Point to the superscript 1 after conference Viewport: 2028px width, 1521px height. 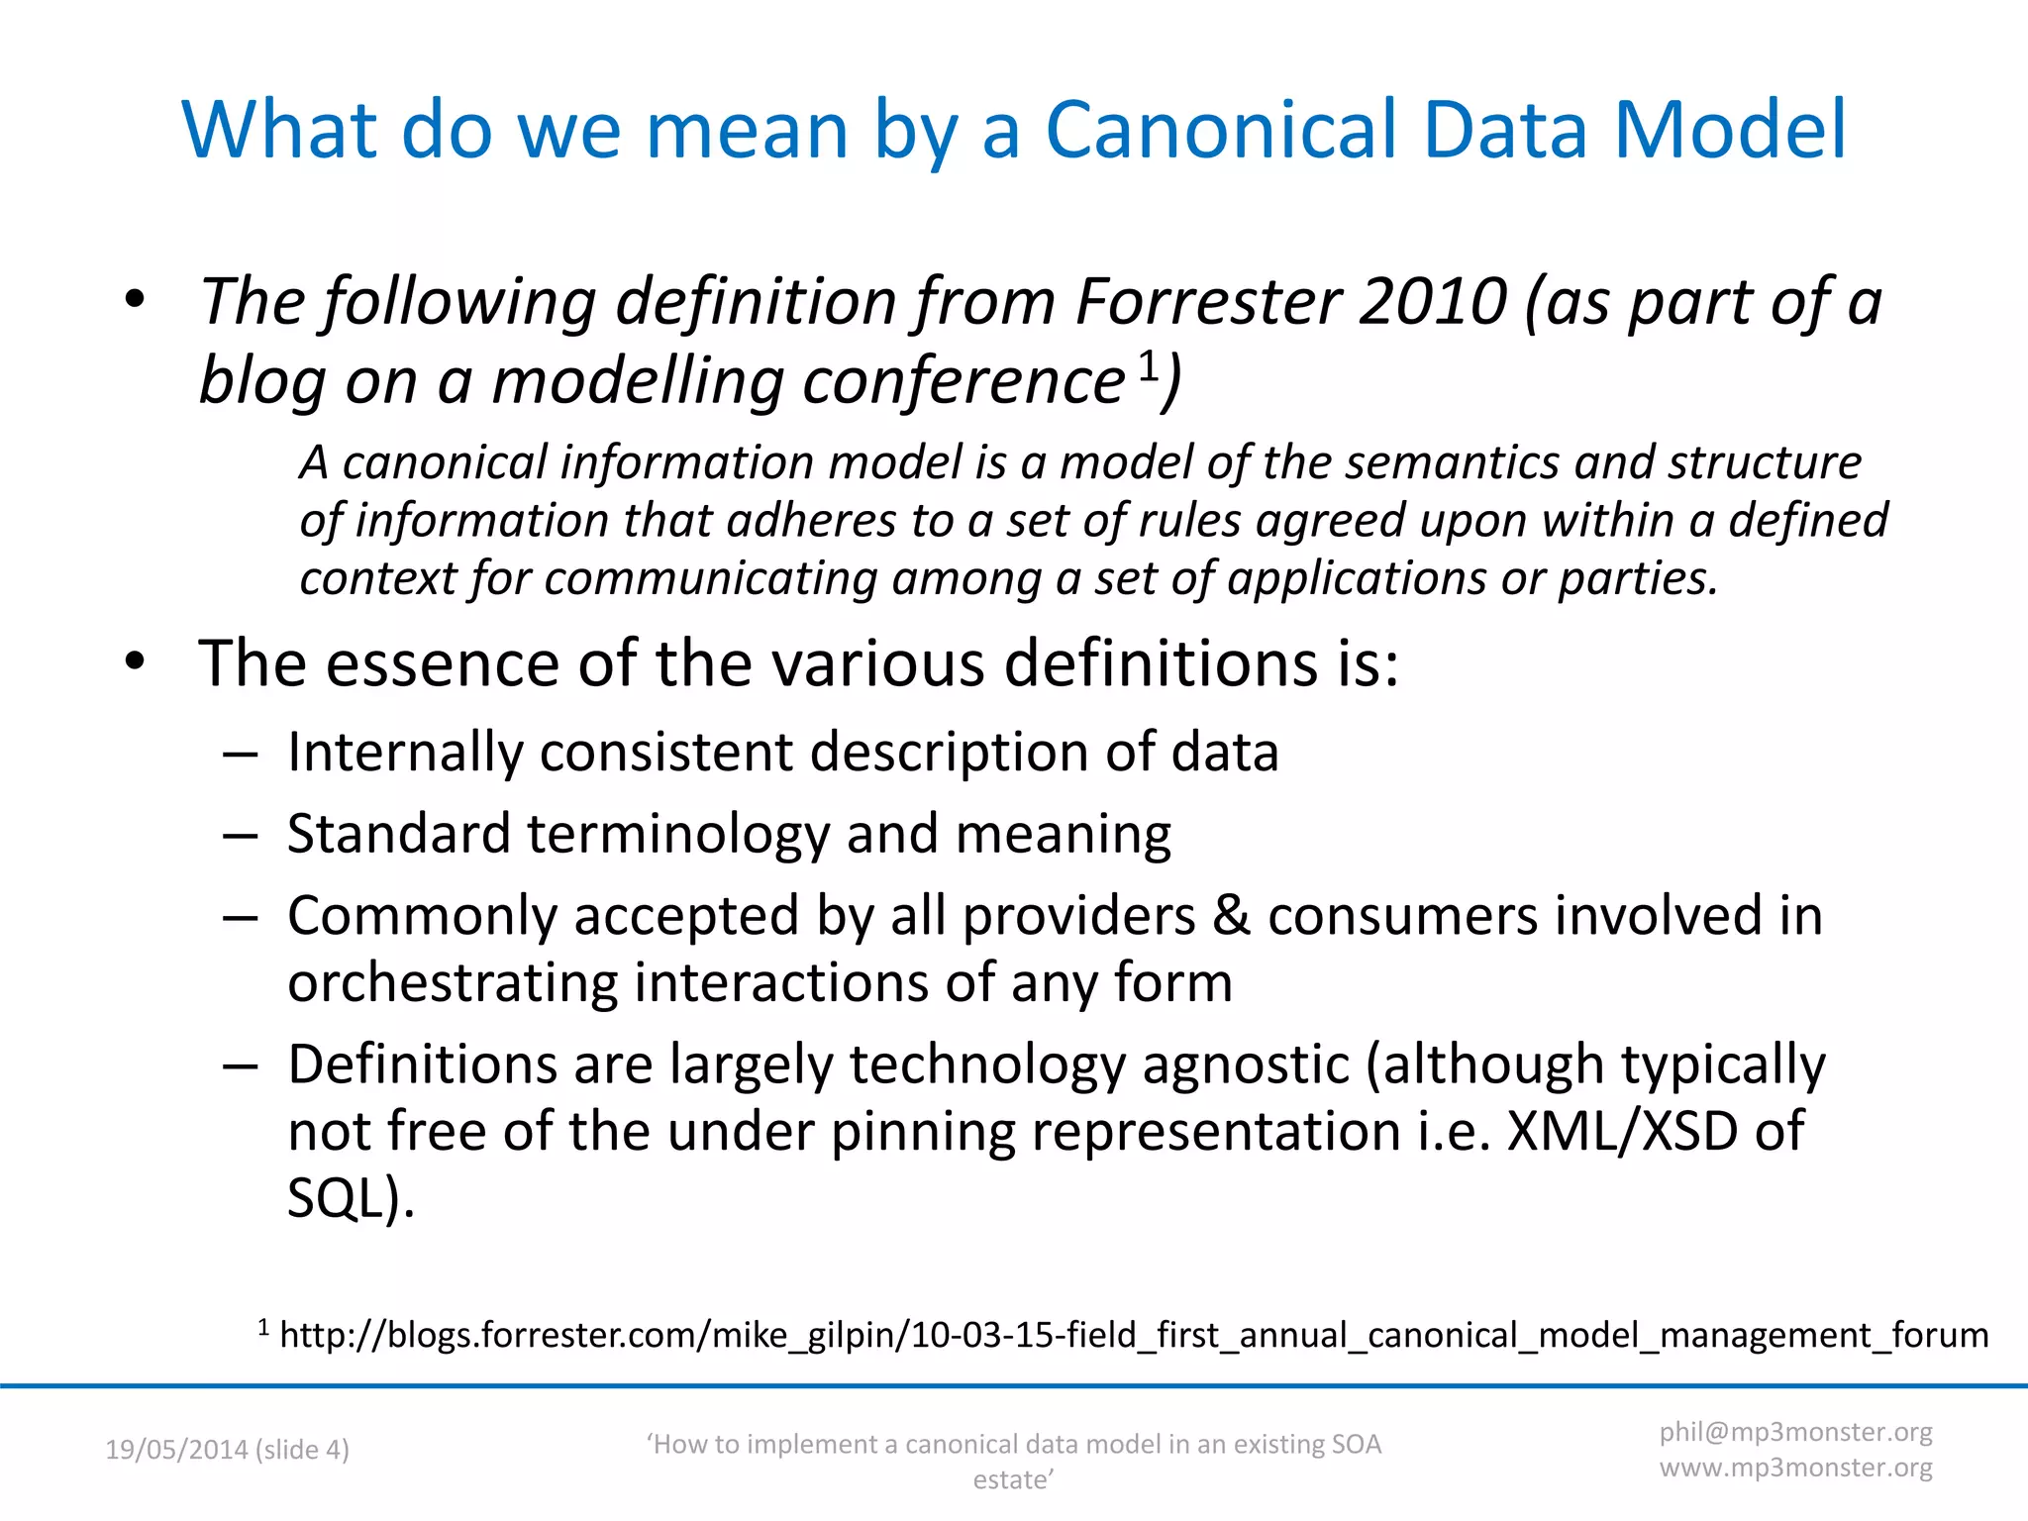tap(1148, 364)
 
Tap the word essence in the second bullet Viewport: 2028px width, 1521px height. tap(445, 662)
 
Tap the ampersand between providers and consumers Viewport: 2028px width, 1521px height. tap(1231, 915)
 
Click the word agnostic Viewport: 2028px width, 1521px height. tap(1245, 1065)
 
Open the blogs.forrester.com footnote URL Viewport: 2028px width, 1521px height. tap(1134, 1335)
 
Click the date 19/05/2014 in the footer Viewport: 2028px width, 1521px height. tap(175, 1450)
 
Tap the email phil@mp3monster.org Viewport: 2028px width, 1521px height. tap(1795, 1432)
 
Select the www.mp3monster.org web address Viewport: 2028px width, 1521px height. tap(1795, 1468)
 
